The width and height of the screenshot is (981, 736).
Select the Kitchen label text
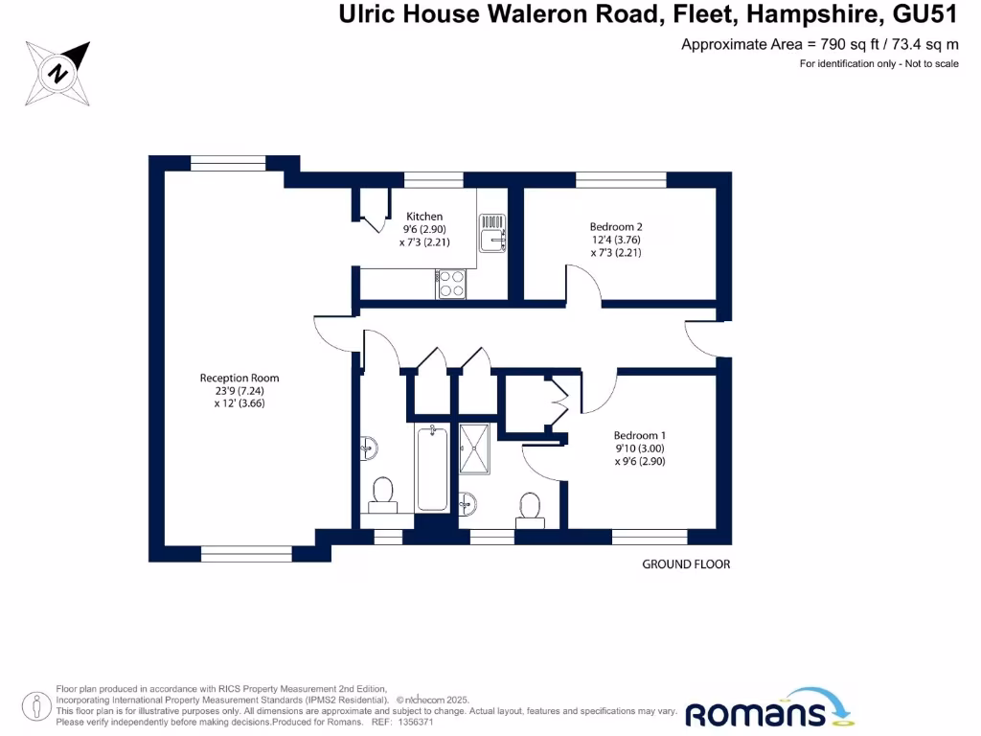coord(424,217)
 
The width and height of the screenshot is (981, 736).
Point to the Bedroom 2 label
coord(616,227)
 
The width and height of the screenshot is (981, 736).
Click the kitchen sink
coord(494,233)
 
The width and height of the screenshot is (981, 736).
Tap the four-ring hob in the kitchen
coord(451,284)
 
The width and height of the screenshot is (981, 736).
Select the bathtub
coord(432,470)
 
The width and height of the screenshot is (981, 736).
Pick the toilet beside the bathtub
coord(383,492)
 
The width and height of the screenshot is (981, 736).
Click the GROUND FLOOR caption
coord(686,564)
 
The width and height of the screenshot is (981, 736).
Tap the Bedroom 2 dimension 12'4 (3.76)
coord(616,241)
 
